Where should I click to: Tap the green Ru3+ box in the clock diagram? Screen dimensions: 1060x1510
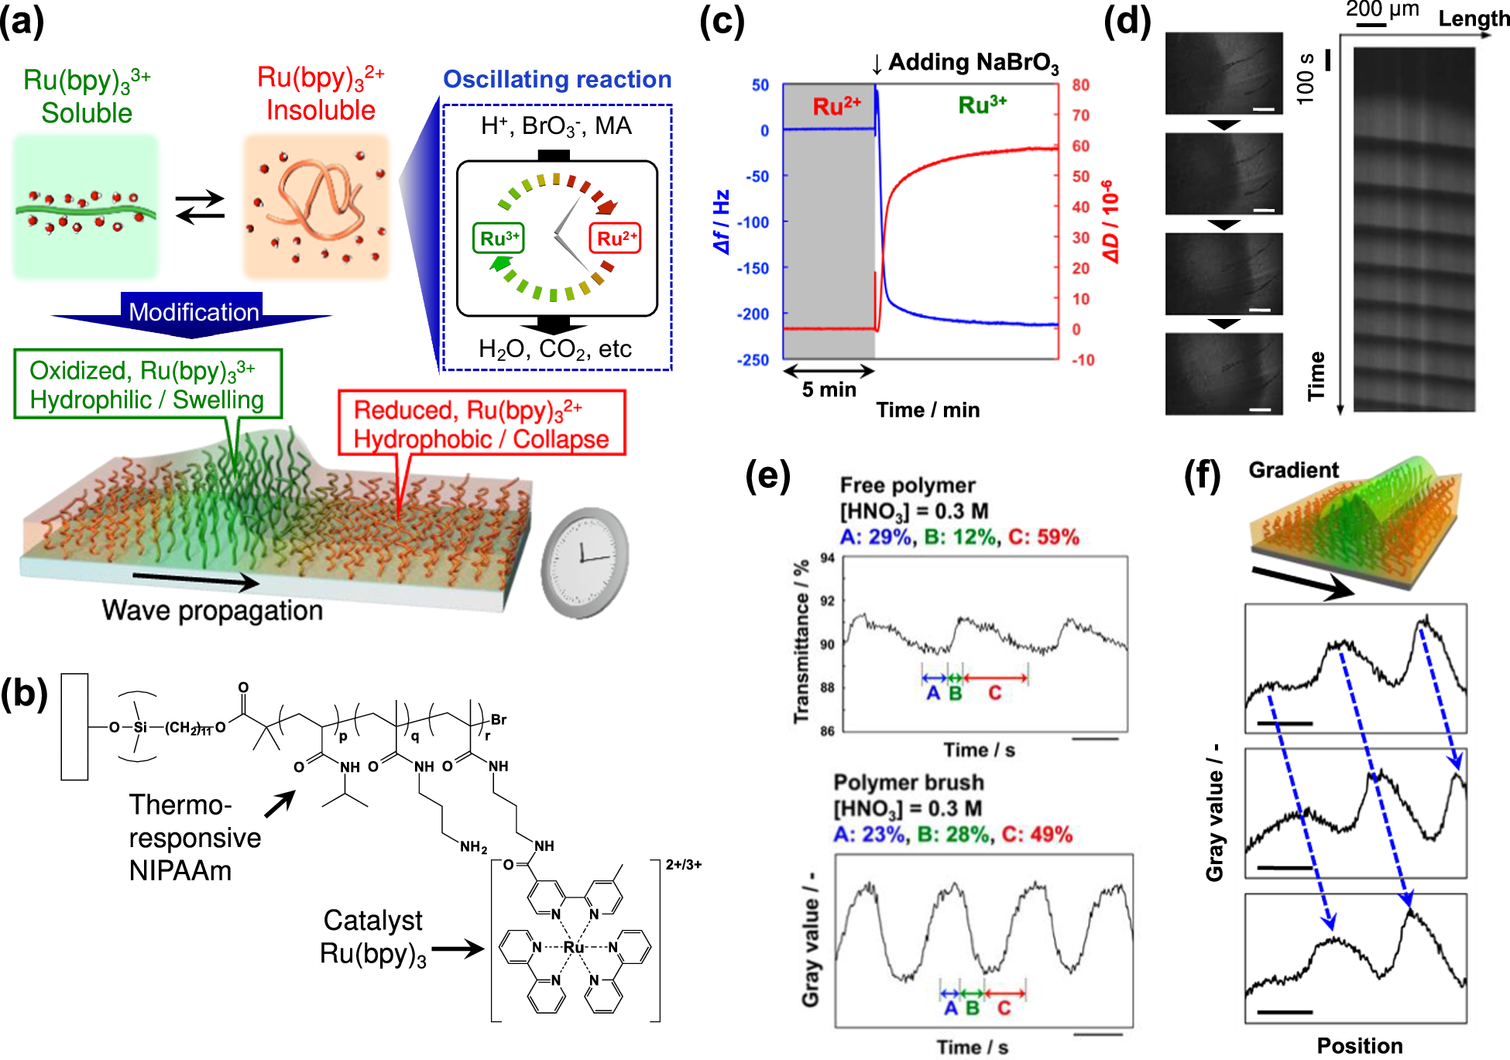[x=499, y=238]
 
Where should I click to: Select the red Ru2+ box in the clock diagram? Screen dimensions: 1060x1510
[x=616, y=238]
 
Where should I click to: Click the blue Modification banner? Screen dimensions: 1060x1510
[x=193, y=312]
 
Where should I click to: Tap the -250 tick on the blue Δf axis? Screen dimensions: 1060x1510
[x=753, y=360]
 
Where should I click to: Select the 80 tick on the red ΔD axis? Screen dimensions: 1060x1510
[x=1080, y=84]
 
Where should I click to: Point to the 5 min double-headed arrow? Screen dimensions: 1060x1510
[x=829, y=372]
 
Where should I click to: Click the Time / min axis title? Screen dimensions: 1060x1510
[x=928, y=410]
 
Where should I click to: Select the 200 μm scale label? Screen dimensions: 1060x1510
[x=1382, y=9]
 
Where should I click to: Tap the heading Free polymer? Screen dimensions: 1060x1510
[x=908, y=485]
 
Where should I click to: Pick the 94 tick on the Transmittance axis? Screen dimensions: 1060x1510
[x=827, y=558]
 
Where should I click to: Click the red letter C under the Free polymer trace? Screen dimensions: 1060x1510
[x=995, y=693]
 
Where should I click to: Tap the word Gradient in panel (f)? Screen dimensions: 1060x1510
[x=1293, y=470]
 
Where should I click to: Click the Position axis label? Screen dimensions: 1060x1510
[x=1360, y=1046]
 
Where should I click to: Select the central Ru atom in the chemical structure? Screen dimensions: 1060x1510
[x=574, y=947]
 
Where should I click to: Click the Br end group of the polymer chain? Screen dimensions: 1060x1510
[x=499, y=719]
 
